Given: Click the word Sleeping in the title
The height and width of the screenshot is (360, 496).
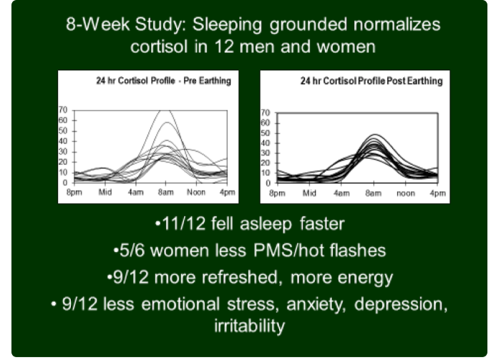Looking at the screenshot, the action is (x=227, y=25).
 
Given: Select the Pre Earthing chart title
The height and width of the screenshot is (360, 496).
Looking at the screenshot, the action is (x=163, y=81).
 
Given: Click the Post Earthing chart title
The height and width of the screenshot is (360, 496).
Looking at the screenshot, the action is (x=371, y=81).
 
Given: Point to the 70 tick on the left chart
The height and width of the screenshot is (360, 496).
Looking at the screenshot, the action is (x=63, y=110).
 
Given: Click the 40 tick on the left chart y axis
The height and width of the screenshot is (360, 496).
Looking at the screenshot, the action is (x=63, y=141).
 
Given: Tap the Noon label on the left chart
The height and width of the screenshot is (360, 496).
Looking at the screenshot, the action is (x=196, y=192).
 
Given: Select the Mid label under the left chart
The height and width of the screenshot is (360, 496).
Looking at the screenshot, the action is (x=105, y=192).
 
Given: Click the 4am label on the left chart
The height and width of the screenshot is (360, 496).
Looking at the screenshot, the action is (x=136, y=192).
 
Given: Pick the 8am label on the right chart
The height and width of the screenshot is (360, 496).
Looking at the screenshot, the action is (x=374, y=193).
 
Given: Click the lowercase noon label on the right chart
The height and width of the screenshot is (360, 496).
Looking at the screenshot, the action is (x=406, y=193).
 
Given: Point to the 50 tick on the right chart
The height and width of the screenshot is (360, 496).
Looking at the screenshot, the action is (x=266, y=133).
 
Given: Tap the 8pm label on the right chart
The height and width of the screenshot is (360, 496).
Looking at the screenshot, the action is (x=277, y=193).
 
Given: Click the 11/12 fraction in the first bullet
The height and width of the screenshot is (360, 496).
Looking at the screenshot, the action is (x=183, y=224).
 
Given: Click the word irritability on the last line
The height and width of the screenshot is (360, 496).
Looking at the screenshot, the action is (x=250, y=326).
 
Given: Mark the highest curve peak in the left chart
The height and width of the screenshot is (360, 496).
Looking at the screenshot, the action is (x=165, y=111).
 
